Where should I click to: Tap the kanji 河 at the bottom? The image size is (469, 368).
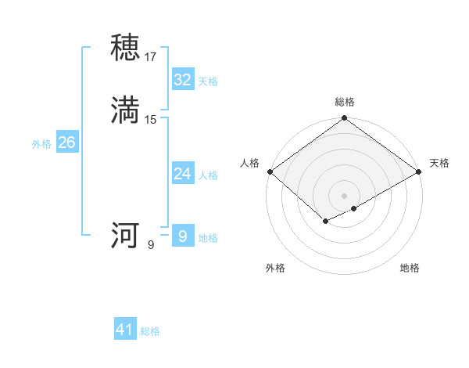[126, 236]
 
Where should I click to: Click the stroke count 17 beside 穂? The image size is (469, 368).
[151, 56]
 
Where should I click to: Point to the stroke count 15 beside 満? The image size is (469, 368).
[151, 120]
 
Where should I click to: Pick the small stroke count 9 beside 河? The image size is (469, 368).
[151, 244]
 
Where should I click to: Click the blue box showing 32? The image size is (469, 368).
[182, 80]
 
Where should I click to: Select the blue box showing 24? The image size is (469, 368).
[182, 174]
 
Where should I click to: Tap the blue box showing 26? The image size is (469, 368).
[66, 143]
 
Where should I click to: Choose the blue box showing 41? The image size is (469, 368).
[125, 330]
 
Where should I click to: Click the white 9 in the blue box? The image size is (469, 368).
[182, 236]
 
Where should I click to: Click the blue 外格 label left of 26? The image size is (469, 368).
[41, 144]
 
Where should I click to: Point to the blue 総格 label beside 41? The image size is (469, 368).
[150, 331]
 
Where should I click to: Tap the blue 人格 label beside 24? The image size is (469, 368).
[208, 175]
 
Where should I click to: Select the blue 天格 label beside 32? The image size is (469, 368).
[208, 81]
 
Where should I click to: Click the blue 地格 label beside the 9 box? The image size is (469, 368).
[208, 238]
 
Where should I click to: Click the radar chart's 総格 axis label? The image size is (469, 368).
[345, 102]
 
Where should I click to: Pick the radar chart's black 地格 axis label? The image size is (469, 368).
[410, 268]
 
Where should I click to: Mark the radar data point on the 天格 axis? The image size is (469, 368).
[420, 171]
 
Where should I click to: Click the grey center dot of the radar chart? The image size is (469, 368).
[345, 196]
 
